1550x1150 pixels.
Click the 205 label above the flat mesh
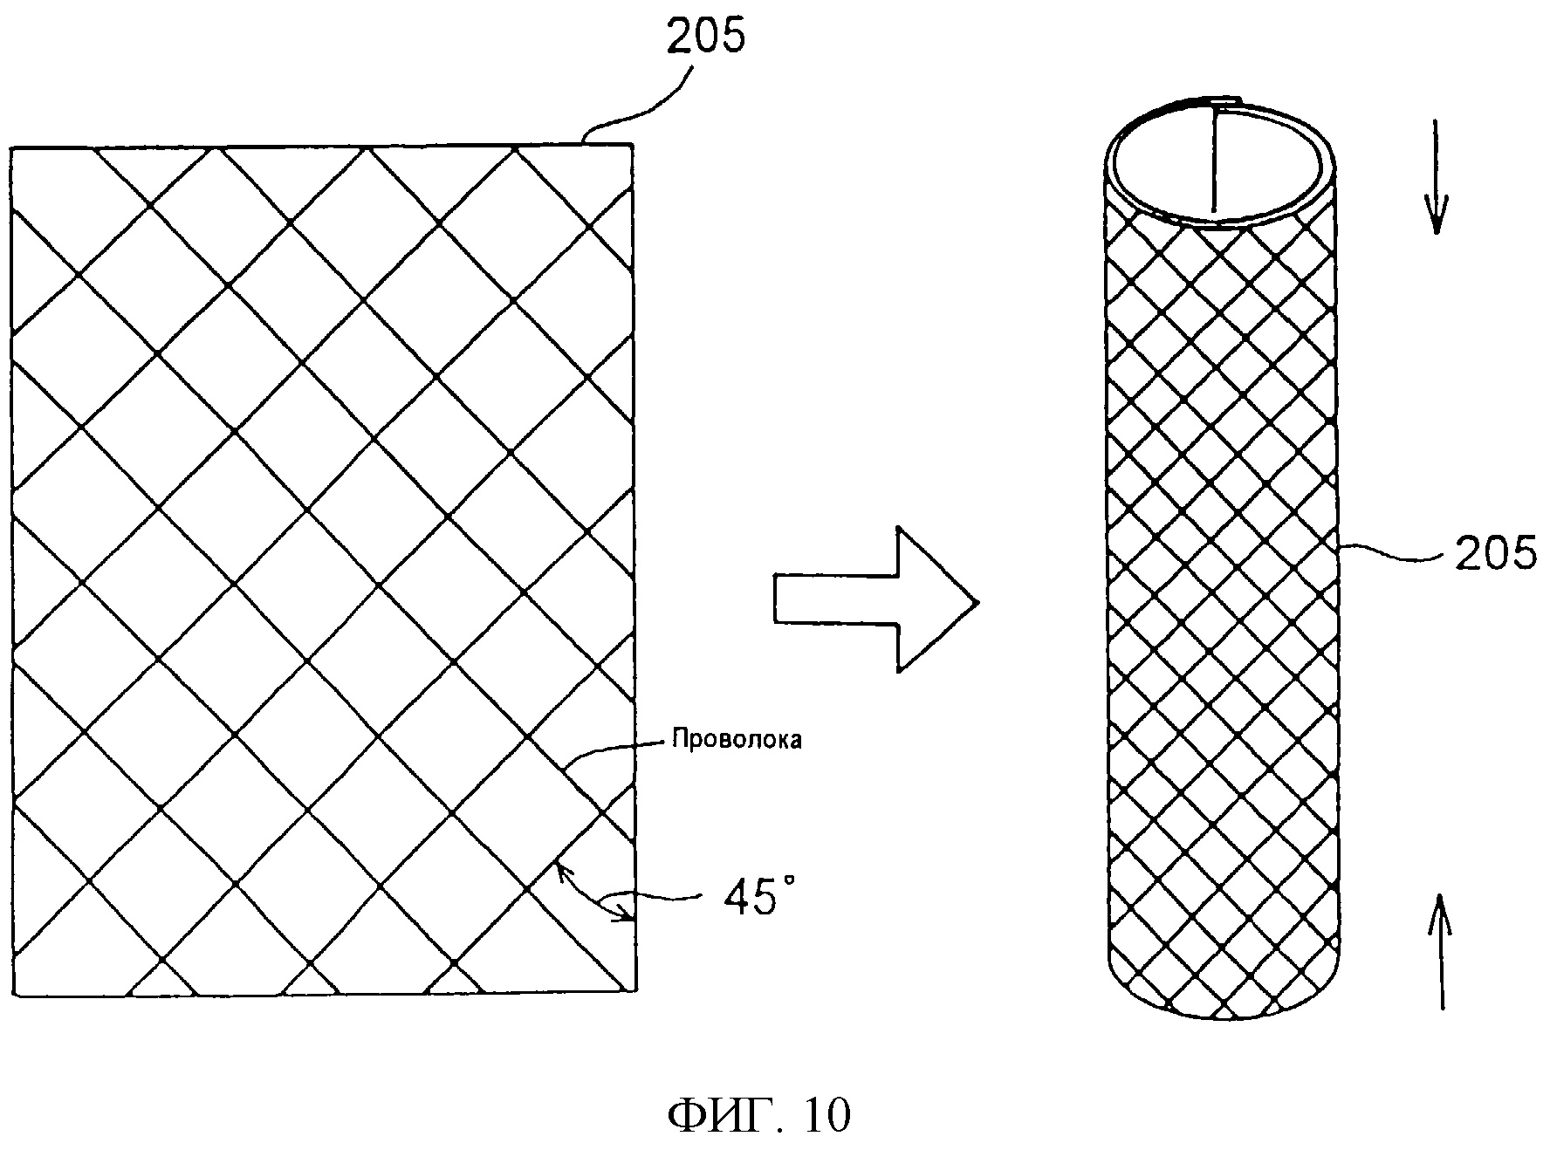click(x=706, y=36)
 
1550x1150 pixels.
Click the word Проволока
click(x=737, y=740)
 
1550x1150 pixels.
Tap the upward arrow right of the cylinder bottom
click(x=1441, y=954)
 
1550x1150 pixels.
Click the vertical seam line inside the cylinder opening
click(x=1213, y=156)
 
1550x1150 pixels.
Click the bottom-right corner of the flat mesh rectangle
click(x=634, y=990)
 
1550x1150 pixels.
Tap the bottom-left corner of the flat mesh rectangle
click(x=14, y=996)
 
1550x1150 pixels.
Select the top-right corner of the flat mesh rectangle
click(x=632, y=145)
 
